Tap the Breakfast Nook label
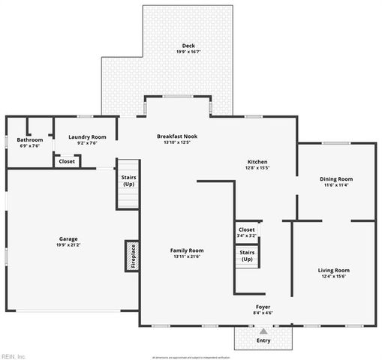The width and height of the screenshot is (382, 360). point(178,136)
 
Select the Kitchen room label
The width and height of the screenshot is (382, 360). point(257,162)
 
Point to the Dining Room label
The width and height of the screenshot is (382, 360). point(336,178)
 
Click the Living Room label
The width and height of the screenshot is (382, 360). point(334,270)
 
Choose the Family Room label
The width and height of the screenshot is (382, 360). point(187,250)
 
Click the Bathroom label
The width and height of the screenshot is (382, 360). point(30,139)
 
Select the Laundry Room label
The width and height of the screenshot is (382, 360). point(87,136)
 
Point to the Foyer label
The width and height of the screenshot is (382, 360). point(263,307)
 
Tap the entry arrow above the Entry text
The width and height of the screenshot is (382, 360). point(263,331)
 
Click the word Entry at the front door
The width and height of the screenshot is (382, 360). point(263,340)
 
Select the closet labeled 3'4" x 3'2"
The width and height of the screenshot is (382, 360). point(246,232)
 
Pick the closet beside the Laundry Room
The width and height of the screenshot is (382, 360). point(67,160)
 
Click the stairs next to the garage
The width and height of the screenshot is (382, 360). point(128,184)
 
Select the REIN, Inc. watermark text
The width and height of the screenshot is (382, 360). point(13,355)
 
